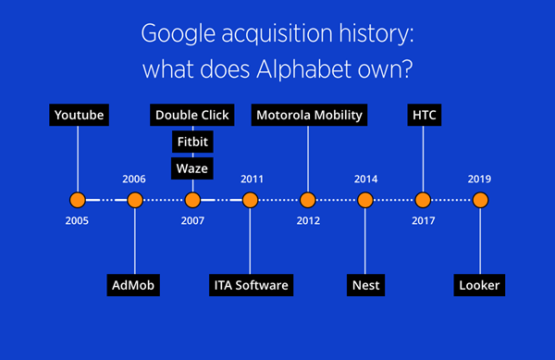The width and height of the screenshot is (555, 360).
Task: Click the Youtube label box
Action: pos(79,115)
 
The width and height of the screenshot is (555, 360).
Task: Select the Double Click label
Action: pos(192,115)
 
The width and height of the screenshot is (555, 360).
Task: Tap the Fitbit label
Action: pos(192,142)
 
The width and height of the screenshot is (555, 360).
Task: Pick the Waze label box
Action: pos(192,168)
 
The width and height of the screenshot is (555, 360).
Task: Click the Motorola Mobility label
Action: pos(309,115)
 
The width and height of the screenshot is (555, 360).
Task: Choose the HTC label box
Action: pos(425,115)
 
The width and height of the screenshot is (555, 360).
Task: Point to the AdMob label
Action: pos(133,285)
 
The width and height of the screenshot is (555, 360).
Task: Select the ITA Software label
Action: pos(251,285)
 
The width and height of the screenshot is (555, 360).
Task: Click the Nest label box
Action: pos(365,285)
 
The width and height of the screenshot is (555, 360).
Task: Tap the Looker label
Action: pos(479,285)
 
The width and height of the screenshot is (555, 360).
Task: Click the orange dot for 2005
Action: pos(78,200)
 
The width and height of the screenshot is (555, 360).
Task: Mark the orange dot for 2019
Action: pos(480,200)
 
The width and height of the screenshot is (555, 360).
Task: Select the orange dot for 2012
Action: pos(308,200)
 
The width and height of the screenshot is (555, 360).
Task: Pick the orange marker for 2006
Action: pos(135,200)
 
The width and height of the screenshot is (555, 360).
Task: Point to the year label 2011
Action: pos(252,180)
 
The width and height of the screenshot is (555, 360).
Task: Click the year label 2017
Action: pos(424,221)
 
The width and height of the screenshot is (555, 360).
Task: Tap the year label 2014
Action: pos(366,180)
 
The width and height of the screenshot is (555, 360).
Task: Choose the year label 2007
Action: pos(192,221)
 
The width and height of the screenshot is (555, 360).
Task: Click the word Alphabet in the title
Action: pos(304,68)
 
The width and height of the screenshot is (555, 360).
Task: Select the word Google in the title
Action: pos(179,34)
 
